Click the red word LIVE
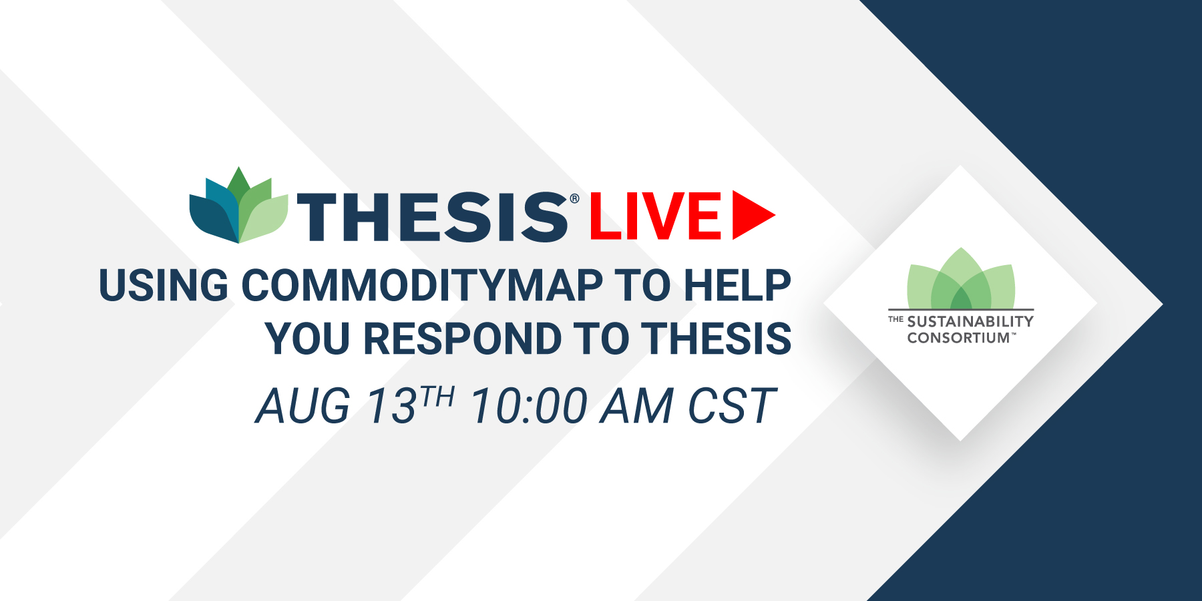coord(655,216)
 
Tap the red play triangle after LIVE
coord(753,215)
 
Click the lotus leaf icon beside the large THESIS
coord(238,205)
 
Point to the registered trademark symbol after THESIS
coord(574,198)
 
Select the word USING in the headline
coord(164,285)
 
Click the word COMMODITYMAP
coord(422,285)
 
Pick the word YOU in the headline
coord(307,339)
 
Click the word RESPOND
coord(463,339)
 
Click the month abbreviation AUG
coord(303,406)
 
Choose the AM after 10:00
coord(636,406)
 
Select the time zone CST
coord(733,406)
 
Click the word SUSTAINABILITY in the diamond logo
coord(970,321)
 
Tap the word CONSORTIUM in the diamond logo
coord(958,338)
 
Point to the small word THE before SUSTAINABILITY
coord(895,319)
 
